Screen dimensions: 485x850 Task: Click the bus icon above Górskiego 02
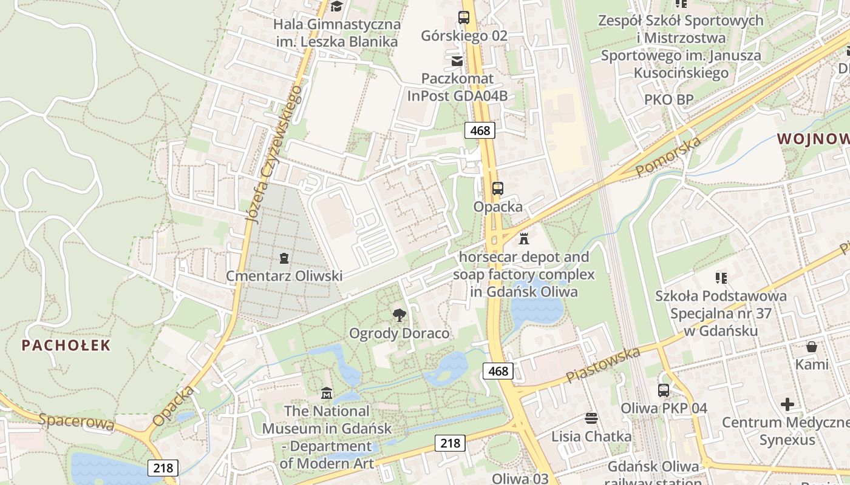pyautogui.click(x=464, y=17)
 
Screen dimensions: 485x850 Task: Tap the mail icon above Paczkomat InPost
pyautogui.click(x=457, y=61)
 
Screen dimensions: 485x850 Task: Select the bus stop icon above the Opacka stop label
pyautogui.click(x=497, y=188)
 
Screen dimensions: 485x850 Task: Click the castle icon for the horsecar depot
pyautogui.click(x=524, y=238)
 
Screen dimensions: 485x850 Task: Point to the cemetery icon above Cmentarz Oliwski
pyautogui.click(x=284, y=258)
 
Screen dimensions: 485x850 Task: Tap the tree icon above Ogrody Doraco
pyautogui.click(x=399, y=315)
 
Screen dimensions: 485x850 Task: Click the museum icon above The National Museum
pyautogui.click(x=327, y=393)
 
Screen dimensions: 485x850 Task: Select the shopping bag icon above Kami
pyautogui.click(x=811, y=347)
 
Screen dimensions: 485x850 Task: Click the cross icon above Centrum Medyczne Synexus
pyautogui.click(x=787, y=404)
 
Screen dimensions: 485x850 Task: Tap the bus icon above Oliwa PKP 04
pyautogui.click(x=664, y=390)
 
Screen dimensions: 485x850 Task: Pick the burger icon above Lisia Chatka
pyautogui.click(x=591, y=418)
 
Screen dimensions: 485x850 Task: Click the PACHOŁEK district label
pyautogui.click(x=66, y=346)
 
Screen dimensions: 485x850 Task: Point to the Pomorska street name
pyautogui.click(x=668, y=157)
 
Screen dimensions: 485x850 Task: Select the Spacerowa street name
pyautogui.click(x=76, y=421)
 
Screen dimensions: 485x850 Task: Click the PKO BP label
pyautogui.click(x=668, y=99)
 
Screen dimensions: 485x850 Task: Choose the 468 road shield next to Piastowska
pyautogui.click(x=498, y=370)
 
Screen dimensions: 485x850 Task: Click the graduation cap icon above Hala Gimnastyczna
pyautogui.click(x=336, y=7)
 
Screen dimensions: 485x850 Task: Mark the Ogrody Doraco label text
pyautogui.click(x=399, y=333)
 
